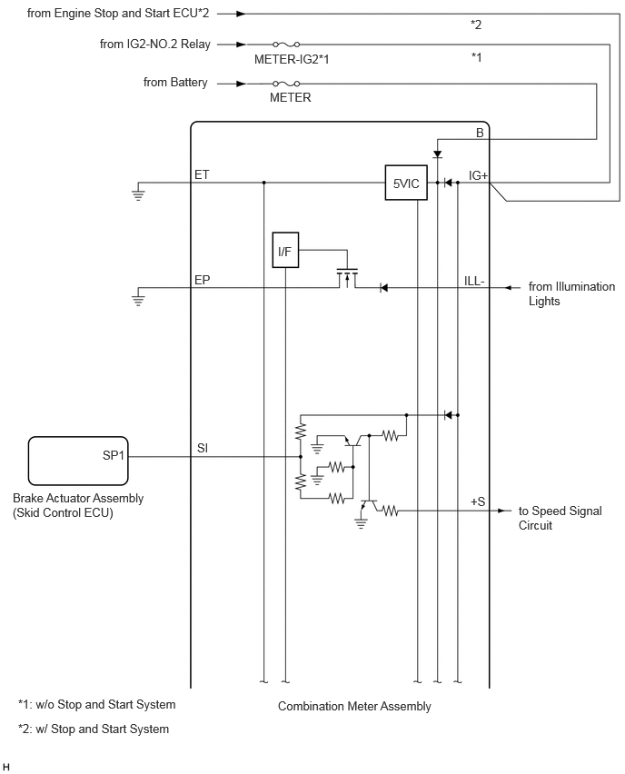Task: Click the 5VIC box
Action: (406, 183)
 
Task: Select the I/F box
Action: (285, 250)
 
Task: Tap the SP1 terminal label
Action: (113, 455)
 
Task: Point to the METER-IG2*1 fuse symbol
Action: (286, 45)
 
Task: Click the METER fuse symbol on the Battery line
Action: (286, 84)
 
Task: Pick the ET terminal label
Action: (202, 174)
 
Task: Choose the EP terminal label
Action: (202, 281)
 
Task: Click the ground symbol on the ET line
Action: (139, 193)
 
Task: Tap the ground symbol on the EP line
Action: (139, 298)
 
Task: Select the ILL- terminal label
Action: (474, 281)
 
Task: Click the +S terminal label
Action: (478, 501)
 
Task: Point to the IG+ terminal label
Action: (478, 175)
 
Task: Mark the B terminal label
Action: (480, 133)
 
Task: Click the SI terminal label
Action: (203, 448)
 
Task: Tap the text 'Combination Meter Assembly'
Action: (354, 707)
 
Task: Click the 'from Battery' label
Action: (175, 83)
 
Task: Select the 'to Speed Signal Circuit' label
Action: (561, 518)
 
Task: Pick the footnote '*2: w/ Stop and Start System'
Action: (94, 729)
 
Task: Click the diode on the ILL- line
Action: (383, 288)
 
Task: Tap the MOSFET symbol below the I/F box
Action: (347, 278)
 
